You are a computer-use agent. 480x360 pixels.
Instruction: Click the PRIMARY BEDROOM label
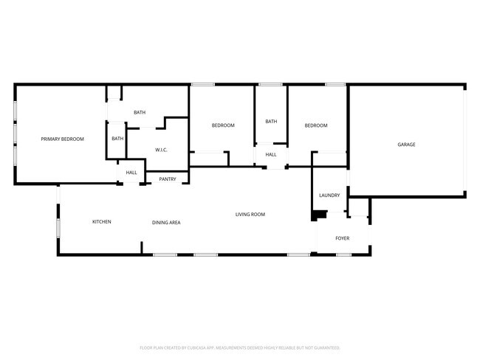[x=62, y=139]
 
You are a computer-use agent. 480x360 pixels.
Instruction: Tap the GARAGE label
[x=406, y=145]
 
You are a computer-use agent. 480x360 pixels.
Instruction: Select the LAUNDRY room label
[x=329, y=195]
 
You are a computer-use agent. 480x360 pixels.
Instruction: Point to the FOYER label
[x=343, y=238]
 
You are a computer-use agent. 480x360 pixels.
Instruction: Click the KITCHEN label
[x=101, y=221]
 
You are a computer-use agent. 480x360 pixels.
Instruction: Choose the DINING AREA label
[x=166, y=222]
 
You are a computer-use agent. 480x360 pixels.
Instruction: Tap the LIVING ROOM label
[x=250, y=215]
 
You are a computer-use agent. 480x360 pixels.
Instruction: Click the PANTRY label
[x=168, y=179]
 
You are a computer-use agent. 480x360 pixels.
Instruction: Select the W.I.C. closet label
[x=161, y=150]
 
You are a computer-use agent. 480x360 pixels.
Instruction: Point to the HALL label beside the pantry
[x=131, y=173]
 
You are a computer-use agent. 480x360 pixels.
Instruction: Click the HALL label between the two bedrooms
[x=271, y=154]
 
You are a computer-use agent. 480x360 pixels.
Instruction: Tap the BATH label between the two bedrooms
[x=271, y=122]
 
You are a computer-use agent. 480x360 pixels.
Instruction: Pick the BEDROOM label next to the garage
[x=316, y=125]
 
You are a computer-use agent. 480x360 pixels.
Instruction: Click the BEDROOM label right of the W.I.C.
[x=223, y=125]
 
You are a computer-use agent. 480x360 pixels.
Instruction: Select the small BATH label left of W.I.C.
[x=117, y=139]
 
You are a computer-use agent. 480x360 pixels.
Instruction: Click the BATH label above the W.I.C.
[x=140, y=112]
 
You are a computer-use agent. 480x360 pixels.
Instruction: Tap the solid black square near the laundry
[x=319, y=215]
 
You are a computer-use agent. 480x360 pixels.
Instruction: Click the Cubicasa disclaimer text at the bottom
[x=239, y=347]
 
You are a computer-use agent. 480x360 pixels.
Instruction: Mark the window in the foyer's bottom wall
[x=343, y=255]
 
